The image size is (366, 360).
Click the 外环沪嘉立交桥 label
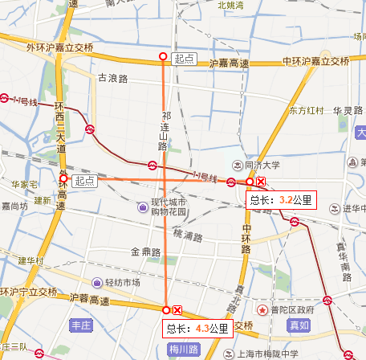pos(59,47)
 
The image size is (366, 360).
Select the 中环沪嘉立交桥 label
pos(316,62)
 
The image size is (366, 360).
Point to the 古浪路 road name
pos(113,79)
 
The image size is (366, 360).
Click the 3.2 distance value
pos(286,199)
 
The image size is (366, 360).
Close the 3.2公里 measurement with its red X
pos(262,182)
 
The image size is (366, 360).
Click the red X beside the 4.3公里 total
pos(178,310)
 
